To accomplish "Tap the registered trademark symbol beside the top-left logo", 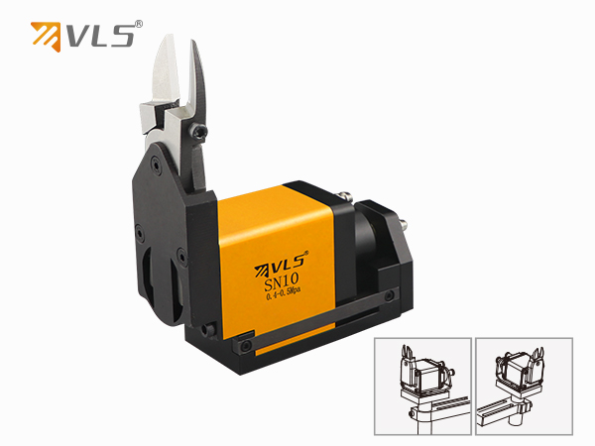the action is pyautogui.click(x=139, y=24).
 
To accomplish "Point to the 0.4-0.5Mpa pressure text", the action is pyautogui.click(x=284, y=293).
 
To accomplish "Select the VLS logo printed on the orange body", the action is pyautogui.click(x=282, y=264).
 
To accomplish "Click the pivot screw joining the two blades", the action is pyautogui.click(x=198, y=131).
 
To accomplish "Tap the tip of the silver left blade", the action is pyautogui.click(x=168, y=36).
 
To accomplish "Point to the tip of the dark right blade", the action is pyautogui.click(x=192, y=42).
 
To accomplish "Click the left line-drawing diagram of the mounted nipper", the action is pyautogui.click(x=422, y=387).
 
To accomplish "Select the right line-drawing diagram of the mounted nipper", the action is pyautogui.click(x=524, y=387).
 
